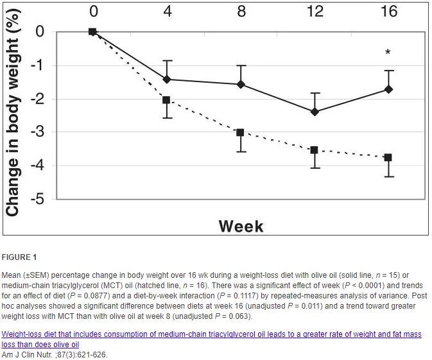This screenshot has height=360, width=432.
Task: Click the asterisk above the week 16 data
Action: pyautogui.click(x=388, y=53)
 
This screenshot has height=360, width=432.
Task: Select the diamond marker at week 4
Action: pyautogui.click(x=167, y=80)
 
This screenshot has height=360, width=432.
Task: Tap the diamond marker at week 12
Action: pyautogui.click(x=315, y=112)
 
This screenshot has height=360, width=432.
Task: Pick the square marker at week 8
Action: pyautogui.click(x=240, y=132)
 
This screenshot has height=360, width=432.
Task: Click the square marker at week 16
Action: pyautogui.click(x=388, y=157)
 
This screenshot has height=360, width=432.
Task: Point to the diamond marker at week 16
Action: pyautogui.click(x=388, y=89)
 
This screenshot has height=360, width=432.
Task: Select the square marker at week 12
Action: pyautogui.click(x=315, y=150)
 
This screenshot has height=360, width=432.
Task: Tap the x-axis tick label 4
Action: pyautogui.click(x=167, y=12)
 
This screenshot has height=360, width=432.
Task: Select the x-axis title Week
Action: pyautogui.click(x=241, y=226)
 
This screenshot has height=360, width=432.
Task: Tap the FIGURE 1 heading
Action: pyautogui.click(x=20, y=257)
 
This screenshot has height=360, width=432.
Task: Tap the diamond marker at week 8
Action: pyautogui.click(x=240, y=84)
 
